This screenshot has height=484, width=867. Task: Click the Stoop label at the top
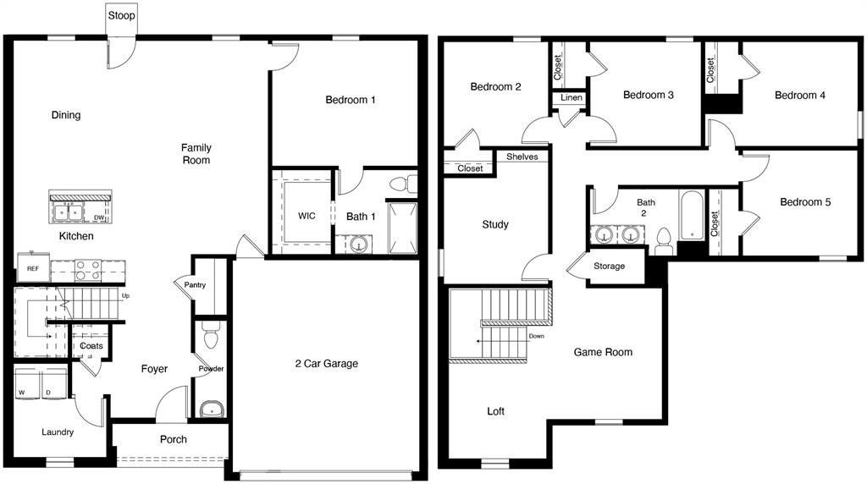pyautogui.click(x=120, y=15)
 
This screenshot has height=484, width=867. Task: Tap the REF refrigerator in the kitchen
pyautogui.click(x=32, y=268)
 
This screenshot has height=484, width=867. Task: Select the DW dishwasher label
pyautogui.click(x=100, y=218)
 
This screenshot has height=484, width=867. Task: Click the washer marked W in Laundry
pyautogui.click(x=25, y=392)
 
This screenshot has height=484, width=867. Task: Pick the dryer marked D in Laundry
pyautogui.click(x=47, y=392)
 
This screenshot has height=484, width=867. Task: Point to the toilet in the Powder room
pyautogui.click(x=210, y=339)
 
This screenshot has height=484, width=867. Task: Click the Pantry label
pyautogui.click(x=196, y=285)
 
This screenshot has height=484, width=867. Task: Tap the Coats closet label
pyautogui.click(x=91, y=346)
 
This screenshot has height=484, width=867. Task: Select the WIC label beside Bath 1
pyautogui.click(x=306, y=216)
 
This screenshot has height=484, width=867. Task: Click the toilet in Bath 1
pyautogui.click(x=403, y=184)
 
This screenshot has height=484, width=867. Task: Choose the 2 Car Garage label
pyautogui.click(x=326, y=364)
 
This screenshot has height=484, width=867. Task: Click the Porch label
pyautogui.click(x=174, y=439)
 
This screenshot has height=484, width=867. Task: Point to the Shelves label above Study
pyautogui.click(x=522, y=157)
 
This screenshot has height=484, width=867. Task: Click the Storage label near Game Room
pyautogui.click(x=609, y=267)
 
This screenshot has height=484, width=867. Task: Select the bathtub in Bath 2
pyautogui.click(x=692, y=213)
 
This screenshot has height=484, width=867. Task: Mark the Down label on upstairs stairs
pyautogui.click(x=536, y=336)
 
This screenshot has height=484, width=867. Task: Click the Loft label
pyautogui.click(x=496, y=411)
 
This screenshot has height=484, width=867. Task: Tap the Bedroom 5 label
pyautogui.click(x=805, y=202)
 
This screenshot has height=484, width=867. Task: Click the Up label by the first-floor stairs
pyautogui.click(x=126, y=296)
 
